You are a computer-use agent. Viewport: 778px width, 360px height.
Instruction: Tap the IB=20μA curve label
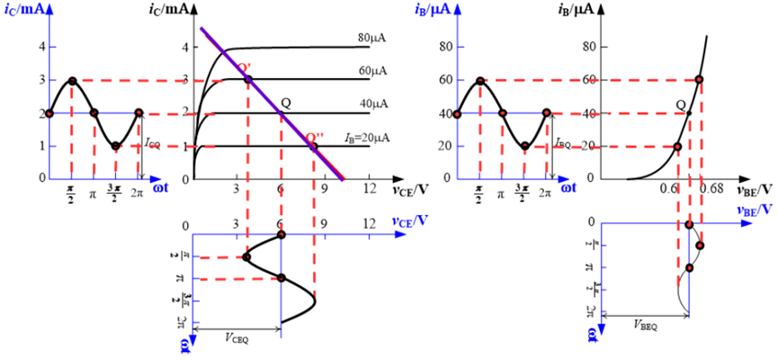pos(354,138)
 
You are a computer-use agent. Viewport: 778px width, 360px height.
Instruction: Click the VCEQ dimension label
pos(238,338)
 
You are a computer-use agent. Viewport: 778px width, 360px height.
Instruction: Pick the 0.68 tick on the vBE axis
pos(710,189)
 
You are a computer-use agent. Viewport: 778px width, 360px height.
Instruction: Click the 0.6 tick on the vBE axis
pos(670,189)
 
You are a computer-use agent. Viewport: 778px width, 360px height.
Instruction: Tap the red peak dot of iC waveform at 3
pos(72,80)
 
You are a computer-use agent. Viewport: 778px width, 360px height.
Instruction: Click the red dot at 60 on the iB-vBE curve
pos(699,80)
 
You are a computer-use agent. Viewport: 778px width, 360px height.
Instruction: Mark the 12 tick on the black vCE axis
pos(369,189)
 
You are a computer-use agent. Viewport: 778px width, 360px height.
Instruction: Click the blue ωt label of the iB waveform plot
pos(568,188)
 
